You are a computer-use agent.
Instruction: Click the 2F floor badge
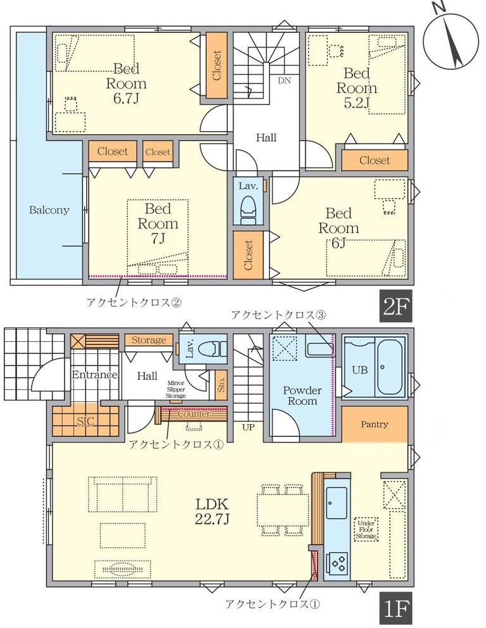click(395, 306)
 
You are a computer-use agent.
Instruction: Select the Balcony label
click(49, 210)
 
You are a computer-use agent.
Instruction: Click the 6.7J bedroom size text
click(126, 99)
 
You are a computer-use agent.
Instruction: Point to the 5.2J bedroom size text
click(356, 103)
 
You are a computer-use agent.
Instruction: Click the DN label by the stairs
click(285, 80)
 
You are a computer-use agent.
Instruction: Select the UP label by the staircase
click(248, 427)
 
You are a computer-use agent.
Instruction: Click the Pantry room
click(374, 424)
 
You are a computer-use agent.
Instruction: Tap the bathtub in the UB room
click(390, 367)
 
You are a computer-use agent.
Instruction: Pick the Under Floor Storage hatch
click(366, 529)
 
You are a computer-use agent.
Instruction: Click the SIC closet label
click(85, 421)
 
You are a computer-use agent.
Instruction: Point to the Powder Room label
click(302, 395)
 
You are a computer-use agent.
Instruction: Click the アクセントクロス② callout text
click(134, 302)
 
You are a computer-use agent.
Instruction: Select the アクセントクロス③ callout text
click(278, 315)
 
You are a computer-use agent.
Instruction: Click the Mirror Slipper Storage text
click(176, 389)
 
